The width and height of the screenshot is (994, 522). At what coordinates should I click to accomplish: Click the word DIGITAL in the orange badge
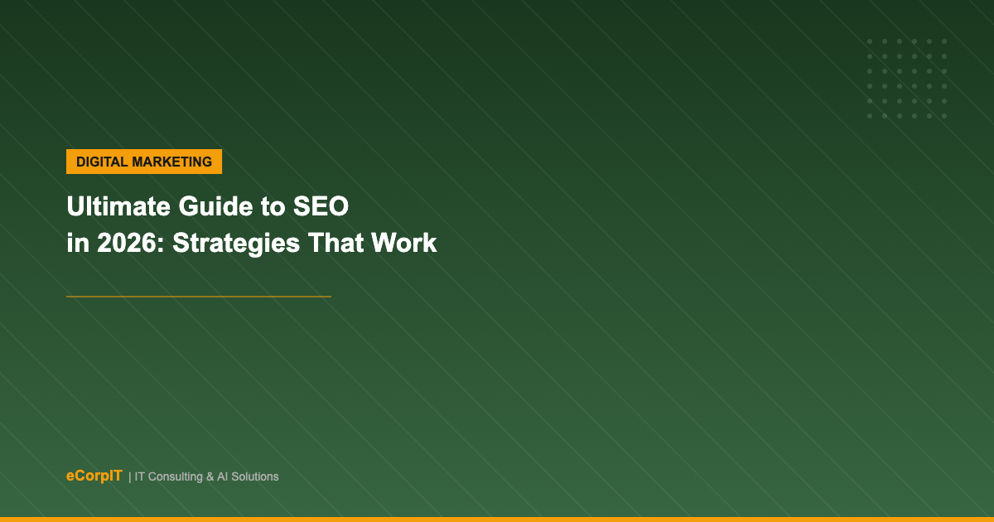[x=102, y=162]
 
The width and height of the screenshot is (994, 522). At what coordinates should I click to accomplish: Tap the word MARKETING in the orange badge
[x=172, y=162]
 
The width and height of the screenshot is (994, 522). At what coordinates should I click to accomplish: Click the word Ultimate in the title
[x=118, y=206]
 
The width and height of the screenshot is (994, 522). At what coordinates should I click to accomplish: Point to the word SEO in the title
[x=321, y=206]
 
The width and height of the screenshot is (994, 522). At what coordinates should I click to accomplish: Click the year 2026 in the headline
[x=127, y=243]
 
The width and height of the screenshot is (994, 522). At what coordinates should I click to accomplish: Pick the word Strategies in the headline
[x=236, y=244]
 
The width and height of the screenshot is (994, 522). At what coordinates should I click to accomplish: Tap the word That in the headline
[x=336, y=243]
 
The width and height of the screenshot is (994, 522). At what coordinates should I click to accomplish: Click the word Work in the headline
[x=404, y=243]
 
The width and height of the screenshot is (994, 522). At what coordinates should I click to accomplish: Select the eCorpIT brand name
[x=94, y=476]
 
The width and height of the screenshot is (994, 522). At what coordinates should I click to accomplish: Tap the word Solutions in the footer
[x=255, y=476]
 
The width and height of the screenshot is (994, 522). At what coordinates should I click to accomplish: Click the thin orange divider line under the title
[x=199, y=297]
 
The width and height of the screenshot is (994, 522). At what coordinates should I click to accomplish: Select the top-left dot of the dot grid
[x=870, y=41]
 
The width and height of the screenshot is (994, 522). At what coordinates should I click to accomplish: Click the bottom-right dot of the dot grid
[x=944, y=116]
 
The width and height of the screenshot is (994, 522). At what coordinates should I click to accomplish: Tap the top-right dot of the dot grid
[x=944, y=41]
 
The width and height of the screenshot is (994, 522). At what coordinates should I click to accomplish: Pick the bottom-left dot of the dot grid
[x=870, y=116]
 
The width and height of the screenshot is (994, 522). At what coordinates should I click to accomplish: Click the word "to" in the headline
[x=273, y=207]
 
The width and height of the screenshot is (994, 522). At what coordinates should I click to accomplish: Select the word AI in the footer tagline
[x=223, y=476]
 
